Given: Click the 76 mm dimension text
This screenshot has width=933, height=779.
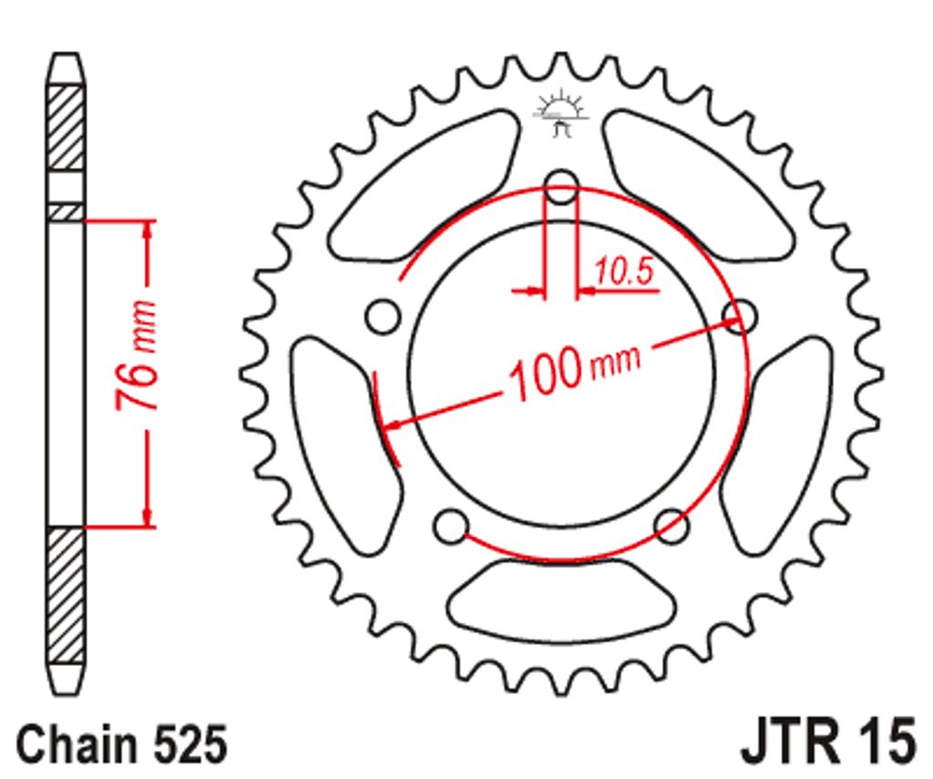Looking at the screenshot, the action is coord(137,354).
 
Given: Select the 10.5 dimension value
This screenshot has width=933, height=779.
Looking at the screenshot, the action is coord(623,271).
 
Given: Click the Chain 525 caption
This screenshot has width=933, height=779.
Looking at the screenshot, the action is coord(122,743).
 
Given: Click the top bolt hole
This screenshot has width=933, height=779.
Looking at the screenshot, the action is coord(561,186).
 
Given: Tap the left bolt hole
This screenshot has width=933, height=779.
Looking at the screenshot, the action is coord(383,316).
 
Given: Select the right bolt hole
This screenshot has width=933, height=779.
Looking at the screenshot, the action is coord(739,315).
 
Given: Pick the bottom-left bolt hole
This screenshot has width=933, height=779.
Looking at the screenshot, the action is coord(450,526).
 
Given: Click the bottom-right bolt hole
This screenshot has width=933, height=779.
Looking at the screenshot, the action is coord(672,526).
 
